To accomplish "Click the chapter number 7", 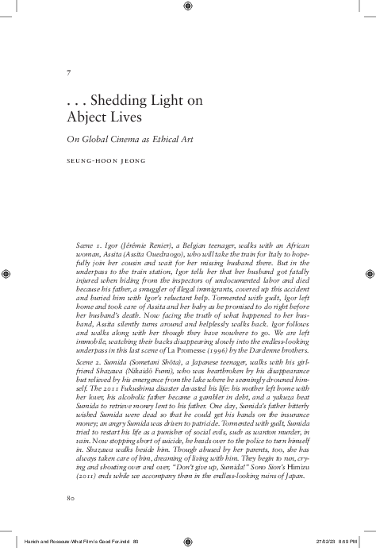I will pos(70,73).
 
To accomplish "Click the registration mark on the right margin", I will pos(369,273).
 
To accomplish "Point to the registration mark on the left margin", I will pos(7,273).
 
